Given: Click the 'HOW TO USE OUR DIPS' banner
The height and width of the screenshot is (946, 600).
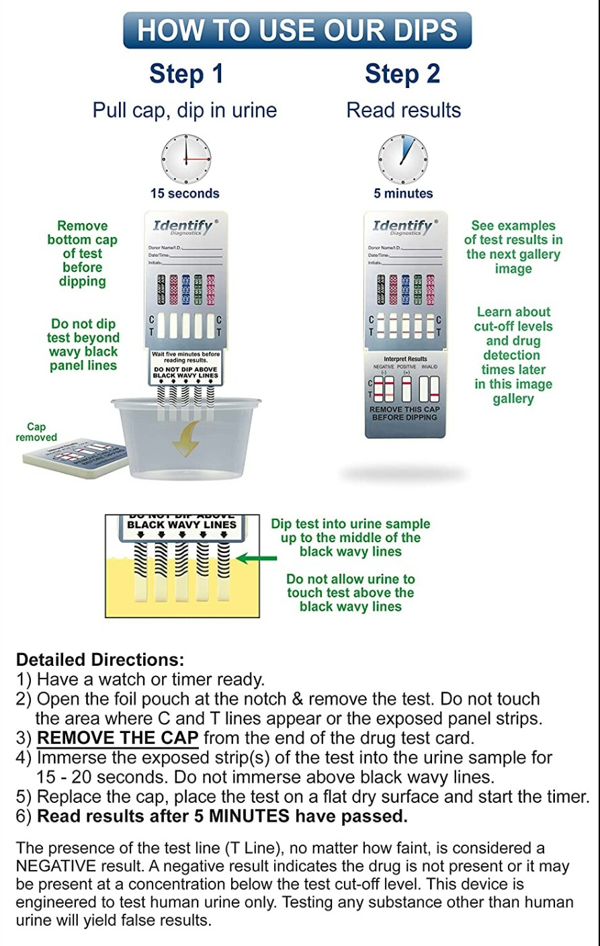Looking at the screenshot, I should coord(298,30).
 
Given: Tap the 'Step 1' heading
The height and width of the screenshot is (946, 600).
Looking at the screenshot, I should coord(186,74).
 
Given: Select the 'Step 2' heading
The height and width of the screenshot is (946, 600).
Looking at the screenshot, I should coord(402,74).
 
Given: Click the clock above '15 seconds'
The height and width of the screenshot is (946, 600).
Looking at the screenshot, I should coord(186,159).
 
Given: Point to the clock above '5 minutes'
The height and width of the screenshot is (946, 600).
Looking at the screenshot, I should coord(402,159).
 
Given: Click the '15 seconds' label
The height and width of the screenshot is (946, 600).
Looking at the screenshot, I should coord(185,193).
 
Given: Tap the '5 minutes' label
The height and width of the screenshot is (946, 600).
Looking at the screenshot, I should coord(403,193).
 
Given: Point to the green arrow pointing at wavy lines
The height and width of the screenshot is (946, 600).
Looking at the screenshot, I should coord(256,558).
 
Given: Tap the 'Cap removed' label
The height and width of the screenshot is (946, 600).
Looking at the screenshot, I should coord(36,432).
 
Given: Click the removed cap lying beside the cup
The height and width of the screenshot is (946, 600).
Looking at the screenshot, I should coord(74,459).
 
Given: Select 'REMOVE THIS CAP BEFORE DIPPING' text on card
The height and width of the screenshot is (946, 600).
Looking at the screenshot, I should coord(404,413).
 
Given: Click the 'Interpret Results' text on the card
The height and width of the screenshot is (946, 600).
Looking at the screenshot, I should coord(405,359).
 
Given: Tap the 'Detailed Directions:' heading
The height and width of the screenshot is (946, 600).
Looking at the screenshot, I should coord(99,660).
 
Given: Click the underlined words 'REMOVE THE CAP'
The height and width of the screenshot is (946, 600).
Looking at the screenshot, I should coord(118,738).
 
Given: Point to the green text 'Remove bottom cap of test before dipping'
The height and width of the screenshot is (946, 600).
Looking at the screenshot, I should coord(82,253).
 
